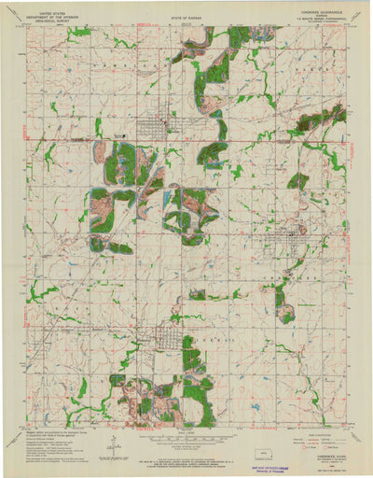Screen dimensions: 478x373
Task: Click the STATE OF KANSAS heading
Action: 186,16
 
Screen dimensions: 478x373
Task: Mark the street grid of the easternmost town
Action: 300,237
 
